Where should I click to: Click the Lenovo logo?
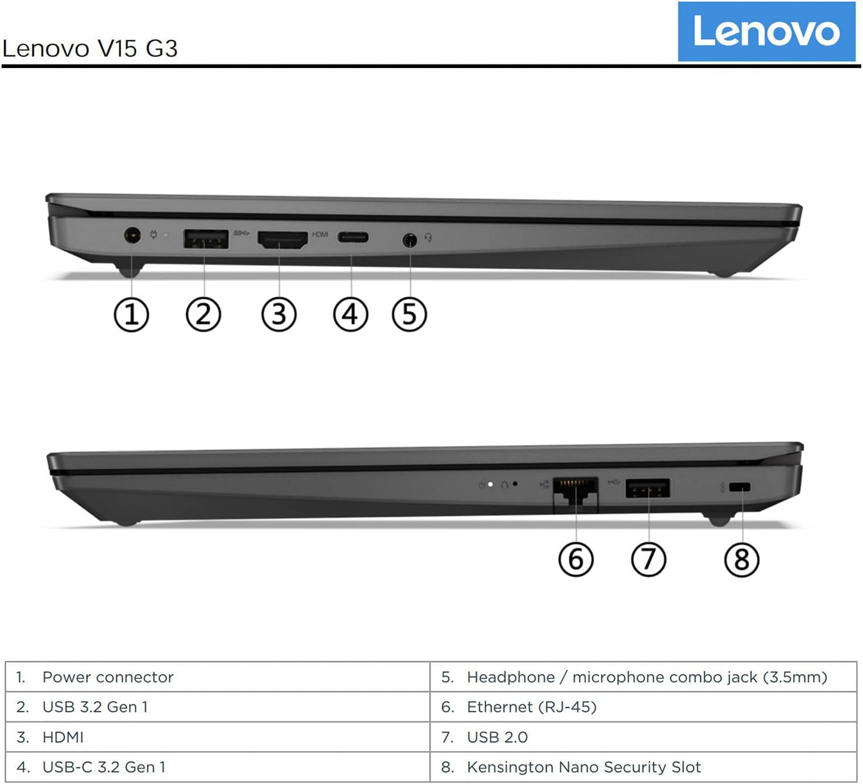coord(766,31)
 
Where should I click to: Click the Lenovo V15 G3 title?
coord(90,48)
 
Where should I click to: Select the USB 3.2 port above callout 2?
coord(205,238)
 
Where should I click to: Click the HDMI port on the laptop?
coord(282,239)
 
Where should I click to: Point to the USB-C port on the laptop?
coord(353,238)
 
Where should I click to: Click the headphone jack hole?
coord(409,240)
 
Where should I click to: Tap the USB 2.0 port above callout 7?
coord(647,488)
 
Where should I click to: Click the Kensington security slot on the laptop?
coord(740,487)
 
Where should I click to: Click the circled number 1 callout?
coord(131,315)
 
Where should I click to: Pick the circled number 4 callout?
coord(350,314)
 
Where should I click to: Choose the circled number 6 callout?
coord(576,559)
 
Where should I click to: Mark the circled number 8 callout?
coord(741,560)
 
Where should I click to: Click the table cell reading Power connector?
coord(108,677)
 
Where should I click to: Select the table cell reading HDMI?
coord(63,737)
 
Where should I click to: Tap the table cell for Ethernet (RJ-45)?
coord(532,707)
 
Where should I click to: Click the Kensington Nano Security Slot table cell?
coord(583,767)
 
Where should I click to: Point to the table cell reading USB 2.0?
coord(497,737)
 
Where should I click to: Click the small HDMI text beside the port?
coord(320,234)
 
